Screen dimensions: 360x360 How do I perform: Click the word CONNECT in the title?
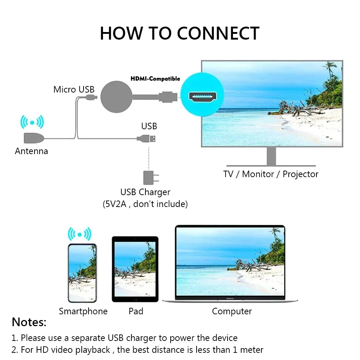218,33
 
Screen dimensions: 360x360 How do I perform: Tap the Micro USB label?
74,89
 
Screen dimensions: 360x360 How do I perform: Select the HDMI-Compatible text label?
155,78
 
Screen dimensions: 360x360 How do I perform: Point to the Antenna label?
31,151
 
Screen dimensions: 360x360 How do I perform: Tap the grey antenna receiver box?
33,138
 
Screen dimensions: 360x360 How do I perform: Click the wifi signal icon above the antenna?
32,122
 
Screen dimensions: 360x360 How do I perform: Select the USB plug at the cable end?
148,138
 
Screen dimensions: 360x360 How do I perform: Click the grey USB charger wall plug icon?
149,177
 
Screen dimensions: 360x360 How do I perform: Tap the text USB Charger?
145,192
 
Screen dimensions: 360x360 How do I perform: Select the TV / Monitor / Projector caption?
271,174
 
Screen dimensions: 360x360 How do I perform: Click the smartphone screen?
82,273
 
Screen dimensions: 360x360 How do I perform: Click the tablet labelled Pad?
135,269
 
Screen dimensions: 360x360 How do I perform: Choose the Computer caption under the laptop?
232,311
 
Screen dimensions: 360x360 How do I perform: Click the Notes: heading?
29,322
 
